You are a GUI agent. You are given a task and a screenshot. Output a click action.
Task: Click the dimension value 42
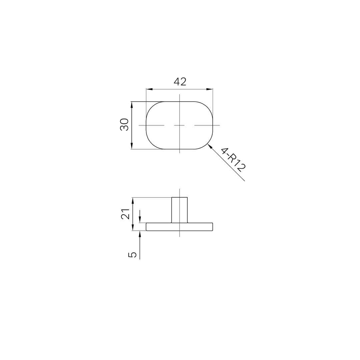180,82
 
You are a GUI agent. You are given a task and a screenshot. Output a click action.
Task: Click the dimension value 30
124,125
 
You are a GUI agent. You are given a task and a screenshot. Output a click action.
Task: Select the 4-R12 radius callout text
233,160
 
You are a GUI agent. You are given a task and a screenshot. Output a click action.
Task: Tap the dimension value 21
125,214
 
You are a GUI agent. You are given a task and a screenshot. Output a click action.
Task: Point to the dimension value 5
132,255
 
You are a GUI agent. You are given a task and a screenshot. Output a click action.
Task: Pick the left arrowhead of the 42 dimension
149,89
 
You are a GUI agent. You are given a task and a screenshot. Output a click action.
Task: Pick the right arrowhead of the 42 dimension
209,89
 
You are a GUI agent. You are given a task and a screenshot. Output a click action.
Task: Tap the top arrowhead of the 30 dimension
132,105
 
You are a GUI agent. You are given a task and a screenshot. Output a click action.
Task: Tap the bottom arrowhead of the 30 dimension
132,146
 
